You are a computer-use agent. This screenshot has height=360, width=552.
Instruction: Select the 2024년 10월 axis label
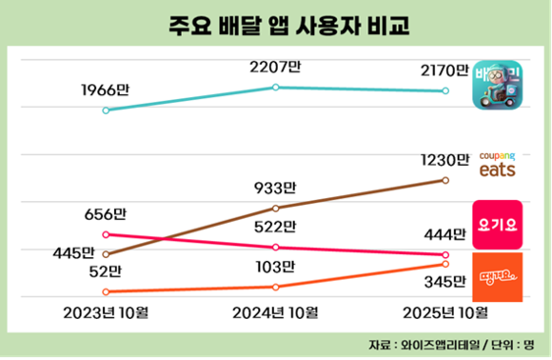(x=275, y=312)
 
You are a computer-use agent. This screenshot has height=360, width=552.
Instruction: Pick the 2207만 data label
(x=275, y=68)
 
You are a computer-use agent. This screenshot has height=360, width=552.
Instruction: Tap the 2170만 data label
(x=444, y=70)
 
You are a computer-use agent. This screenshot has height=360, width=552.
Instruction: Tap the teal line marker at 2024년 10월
(x=275, y=87)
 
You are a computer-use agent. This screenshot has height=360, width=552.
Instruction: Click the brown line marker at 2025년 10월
(x=445, y=179)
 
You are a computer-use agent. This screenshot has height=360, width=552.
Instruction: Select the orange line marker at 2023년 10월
(x=106, y=291)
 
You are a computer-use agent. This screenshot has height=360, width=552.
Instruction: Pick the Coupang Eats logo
(x=497, y=164)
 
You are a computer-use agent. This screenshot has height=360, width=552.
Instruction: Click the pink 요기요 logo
(x=497, y=224)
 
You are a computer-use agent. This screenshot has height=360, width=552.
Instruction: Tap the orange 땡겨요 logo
(x=497, y=276)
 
